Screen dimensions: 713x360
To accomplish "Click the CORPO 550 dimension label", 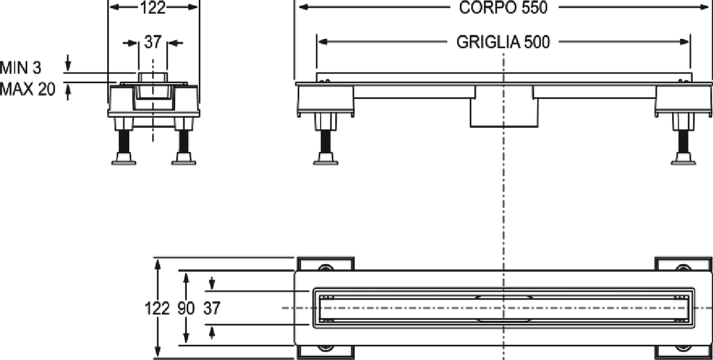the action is pyautogui.click(x=503, y=8).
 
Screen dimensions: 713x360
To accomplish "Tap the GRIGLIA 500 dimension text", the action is pyautogui.click(x=503, y=42).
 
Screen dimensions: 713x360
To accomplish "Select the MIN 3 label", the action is pyautogui.click(x=21, y=68).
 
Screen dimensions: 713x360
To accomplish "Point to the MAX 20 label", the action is pyautogui.click(x=27, y=89).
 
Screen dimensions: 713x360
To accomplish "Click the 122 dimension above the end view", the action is pyautogui.click(x=153, y=8).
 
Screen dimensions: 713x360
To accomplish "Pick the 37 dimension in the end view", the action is pyautogui.click(x=153, y=42).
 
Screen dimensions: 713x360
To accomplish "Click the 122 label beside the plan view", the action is pyautogui.click(x=157, y=308).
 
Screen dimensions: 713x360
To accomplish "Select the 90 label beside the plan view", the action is pyautogui.click(x=186, y=308).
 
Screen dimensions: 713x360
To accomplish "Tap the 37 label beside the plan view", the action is pyautogui.click(x=212, y=308).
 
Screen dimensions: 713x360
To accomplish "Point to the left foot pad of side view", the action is pyautogui.click(x=325, y=159).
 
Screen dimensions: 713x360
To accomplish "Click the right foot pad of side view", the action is pyautogui.click(x=683, y=159).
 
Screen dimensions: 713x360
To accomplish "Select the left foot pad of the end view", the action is pyautogui.click(x=124, y=159).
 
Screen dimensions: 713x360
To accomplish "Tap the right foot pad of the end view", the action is pyautogui.click(x=184, y=159).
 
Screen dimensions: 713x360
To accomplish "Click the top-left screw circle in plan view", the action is pyautogui.click(x=325, y=268).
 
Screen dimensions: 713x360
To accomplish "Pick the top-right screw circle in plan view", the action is pyautogui.click(x=683, y=268).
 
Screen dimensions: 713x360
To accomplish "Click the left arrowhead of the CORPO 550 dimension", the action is pyautogui.click(x=304, y=7).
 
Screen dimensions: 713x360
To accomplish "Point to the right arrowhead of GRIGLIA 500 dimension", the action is pyautogui.click(x=684, y=42).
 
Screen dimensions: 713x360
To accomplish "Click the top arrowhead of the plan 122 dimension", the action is pyautogui.click(x=157, y=265).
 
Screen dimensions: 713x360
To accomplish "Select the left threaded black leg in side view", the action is pyautogui.click(x=325, y=141).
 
